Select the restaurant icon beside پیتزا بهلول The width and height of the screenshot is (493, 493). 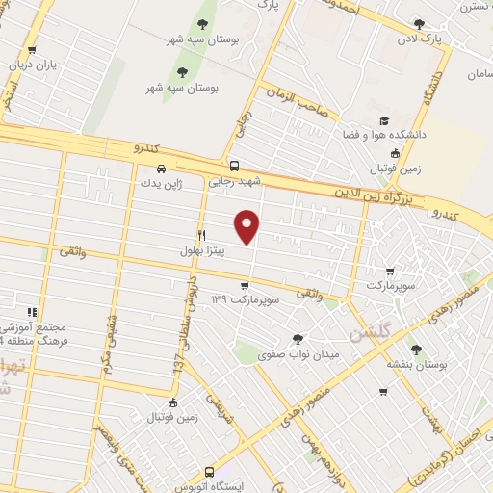[201, 234]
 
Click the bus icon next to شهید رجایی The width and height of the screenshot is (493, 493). [236, 166]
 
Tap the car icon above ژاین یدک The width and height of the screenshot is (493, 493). [146, 166]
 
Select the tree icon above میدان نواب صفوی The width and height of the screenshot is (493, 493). [298, 338]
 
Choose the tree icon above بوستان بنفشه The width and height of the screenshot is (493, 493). [416, 350]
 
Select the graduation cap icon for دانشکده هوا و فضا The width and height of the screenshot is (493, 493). [384, 120]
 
